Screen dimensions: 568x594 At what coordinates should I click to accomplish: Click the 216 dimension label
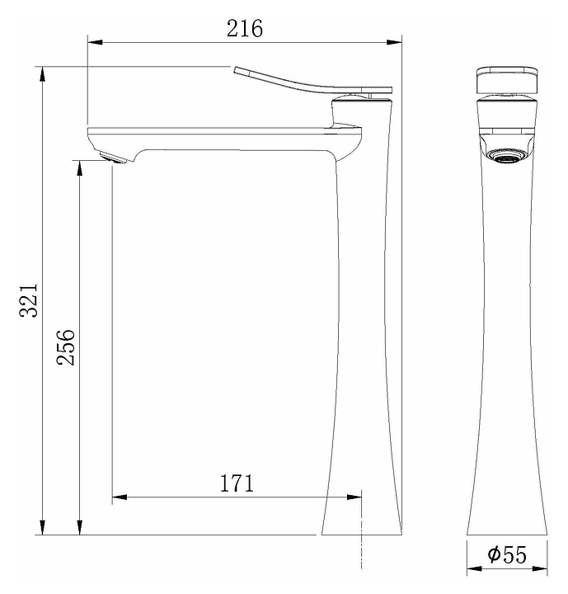point(244,28)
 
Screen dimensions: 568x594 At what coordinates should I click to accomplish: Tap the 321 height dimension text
point(29,300)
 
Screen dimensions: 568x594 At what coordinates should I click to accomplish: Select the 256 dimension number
point(66,347)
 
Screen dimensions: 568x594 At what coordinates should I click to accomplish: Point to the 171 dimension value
point(237,483)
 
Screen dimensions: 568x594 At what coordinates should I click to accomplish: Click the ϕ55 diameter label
point(507,554)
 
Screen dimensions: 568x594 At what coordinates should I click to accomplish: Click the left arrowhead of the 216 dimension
point(95,42)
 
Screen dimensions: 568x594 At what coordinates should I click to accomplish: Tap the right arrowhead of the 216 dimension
point(394,42)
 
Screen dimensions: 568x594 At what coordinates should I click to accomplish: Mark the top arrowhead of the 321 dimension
point(42,74)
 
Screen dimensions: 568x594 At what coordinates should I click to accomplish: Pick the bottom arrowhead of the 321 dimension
point(42,527)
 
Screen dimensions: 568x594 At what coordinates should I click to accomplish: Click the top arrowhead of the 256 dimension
point(79,167)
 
